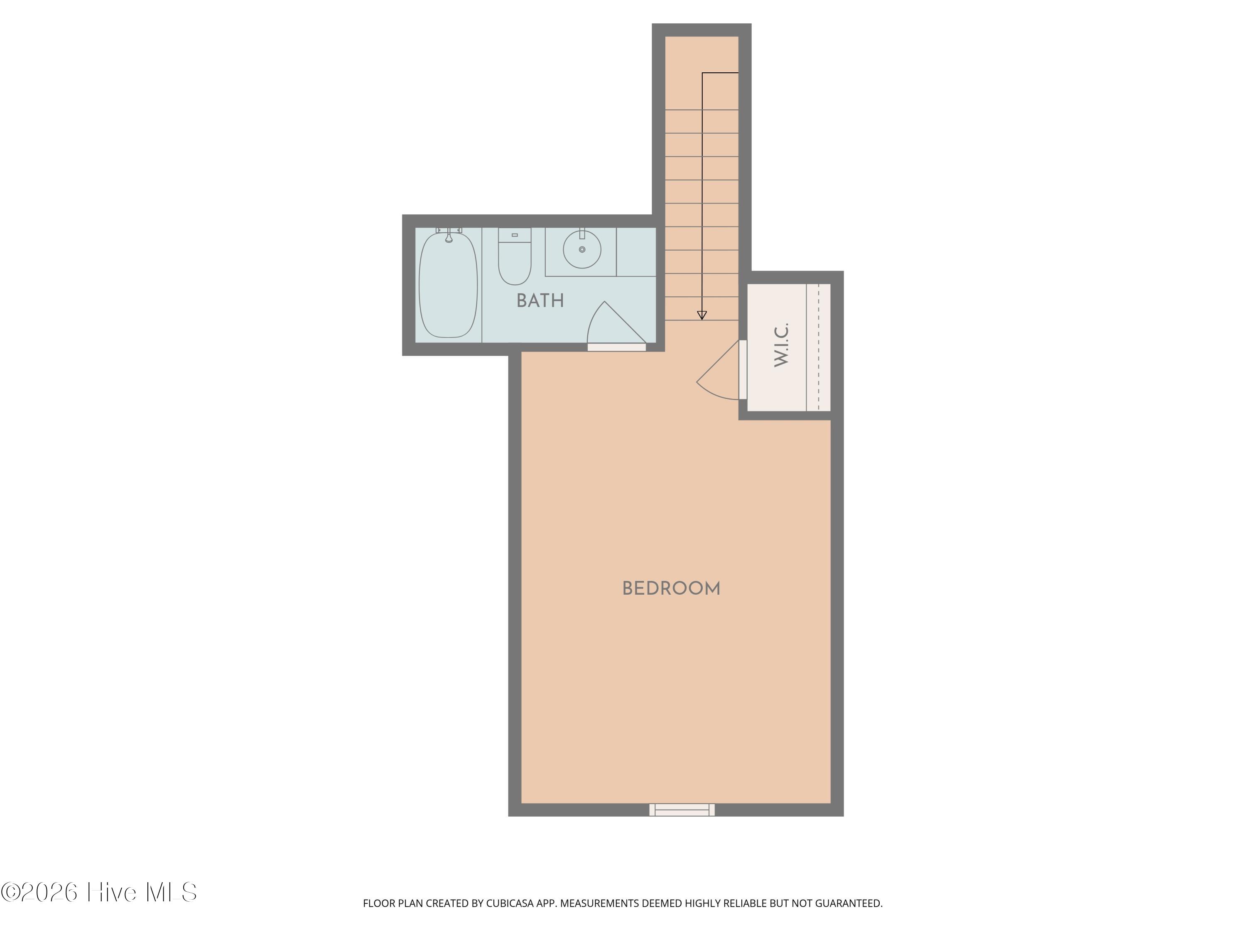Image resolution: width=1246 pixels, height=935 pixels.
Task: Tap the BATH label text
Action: pos(540,301)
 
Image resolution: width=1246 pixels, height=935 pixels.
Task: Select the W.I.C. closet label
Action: pos(781,345)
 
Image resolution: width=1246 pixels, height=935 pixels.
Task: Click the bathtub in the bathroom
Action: pos(449,285)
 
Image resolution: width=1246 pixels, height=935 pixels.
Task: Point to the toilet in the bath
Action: pos(514,256)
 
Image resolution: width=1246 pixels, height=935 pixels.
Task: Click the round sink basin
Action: pos(582,249)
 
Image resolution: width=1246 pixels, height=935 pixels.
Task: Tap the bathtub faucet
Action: pos(449,235)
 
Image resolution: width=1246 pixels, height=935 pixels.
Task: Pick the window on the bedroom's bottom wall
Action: pos(682,810)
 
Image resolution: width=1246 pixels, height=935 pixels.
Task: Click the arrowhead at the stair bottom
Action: pos(702,315)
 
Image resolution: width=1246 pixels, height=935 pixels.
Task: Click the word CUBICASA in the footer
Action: pos(509,903)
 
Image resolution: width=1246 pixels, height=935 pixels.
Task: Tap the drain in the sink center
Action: pos(582,249)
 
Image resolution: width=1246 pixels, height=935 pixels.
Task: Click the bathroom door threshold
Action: pos(617,347)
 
